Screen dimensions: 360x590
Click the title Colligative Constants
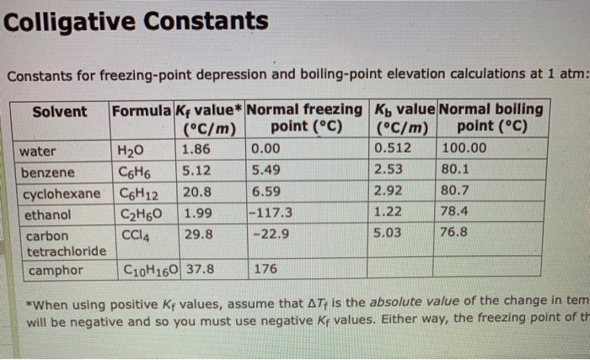(x=135, y=20)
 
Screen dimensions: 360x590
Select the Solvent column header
(x=60, y=111)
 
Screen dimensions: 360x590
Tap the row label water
(x=38, y=152)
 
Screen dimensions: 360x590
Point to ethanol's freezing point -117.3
(x=272, y=212)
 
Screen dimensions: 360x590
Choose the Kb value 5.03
(x=389, y=232)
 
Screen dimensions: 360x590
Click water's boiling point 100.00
(x=464, y=149)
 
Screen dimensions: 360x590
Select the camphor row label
(x=56, y=271)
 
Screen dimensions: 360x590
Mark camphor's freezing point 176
(x=265, y=270)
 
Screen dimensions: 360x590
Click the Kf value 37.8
(x=200, y=270)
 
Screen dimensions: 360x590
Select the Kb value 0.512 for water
(x=391, y=149)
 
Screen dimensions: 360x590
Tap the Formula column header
(x=142, y=110)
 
